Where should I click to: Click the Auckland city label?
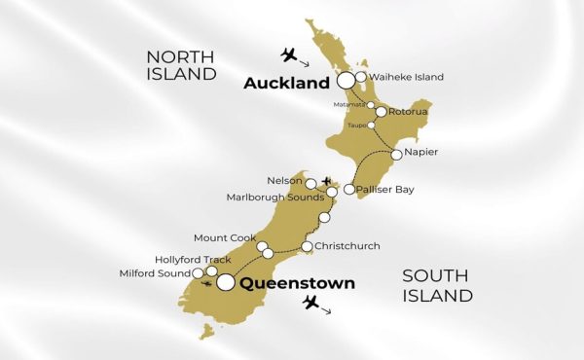coord(287,84)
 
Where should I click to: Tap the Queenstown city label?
coord(297,284)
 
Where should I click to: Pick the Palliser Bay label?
coord(386,190)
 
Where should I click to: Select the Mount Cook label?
coord(225,238)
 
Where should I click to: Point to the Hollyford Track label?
coord(193,260)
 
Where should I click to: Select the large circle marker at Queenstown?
coord(226,283)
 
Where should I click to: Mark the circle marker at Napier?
coord(397,155)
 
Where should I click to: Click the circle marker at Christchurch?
coord(308,247)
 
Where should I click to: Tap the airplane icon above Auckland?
coord(289,53)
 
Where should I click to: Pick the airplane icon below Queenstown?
coord(311,304)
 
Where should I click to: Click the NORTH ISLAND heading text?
coord(181,64)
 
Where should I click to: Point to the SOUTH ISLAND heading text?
coord(438,285)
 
